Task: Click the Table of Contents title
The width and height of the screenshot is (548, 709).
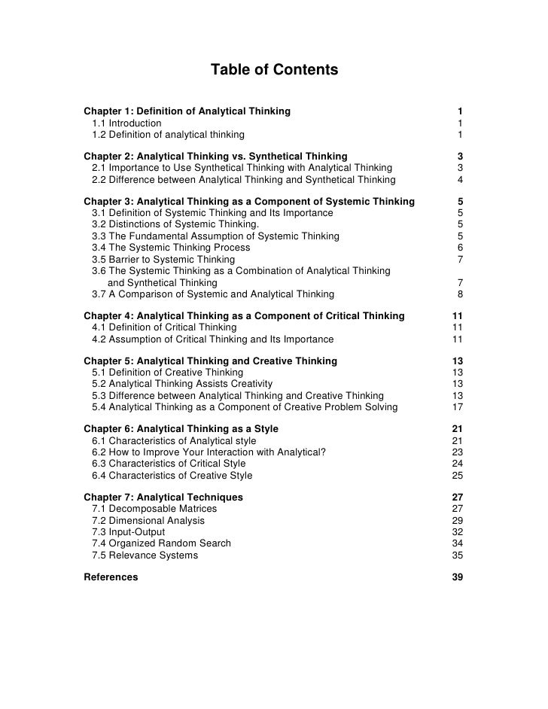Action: click(x=274, y=71)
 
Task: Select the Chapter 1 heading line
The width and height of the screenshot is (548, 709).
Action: click(x=187, y=111)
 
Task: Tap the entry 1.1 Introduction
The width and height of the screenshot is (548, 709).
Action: click(x=126, y=123)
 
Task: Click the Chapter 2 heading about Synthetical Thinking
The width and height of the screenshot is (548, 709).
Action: click(x=215, y=157)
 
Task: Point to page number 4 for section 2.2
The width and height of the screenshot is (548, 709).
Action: click(x=460, y=180)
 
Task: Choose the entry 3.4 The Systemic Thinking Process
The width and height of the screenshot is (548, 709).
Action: click(x=171, y=248)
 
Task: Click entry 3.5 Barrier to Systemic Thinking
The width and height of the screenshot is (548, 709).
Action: click(x=163, y=259)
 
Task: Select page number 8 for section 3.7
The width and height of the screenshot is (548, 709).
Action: click(x=460, y=294)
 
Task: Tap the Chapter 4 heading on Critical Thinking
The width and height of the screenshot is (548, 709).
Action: click(x=244, y=315)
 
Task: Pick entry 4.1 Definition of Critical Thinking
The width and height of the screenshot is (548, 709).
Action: click(x=164, y=327)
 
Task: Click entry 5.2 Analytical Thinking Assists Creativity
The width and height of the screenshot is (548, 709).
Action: click(x=182, y=384)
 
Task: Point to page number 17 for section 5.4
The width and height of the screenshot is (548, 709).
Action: click(x=458, y=407)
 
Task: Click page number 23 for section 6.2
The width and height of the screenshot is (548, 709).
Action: click(x=458, y=452)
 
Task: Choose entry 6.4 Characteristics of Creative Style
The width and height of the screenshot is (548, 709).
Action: click(x=172, y=475)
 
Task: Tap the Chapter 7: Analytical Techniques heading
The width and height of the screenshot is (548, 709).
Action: click(x=163, y=498)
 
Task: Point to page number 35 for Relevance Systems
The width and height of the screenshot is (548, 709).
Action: click(x=458, y=555)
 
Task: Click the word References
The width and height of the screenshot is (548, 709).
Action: click(x=111, y=577)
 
